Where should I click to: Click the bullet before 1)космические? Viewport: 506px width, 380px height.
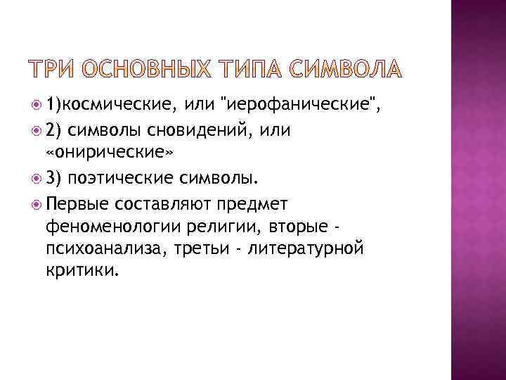coord(36,107)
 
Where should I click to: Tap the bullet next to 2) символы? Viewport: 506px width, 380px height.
coord(36,132)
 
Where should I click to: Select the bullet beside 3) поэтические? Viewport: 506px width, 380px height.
coord(36,179)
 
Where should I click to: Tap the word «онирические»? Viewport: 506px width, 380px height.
coord(98,155)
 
